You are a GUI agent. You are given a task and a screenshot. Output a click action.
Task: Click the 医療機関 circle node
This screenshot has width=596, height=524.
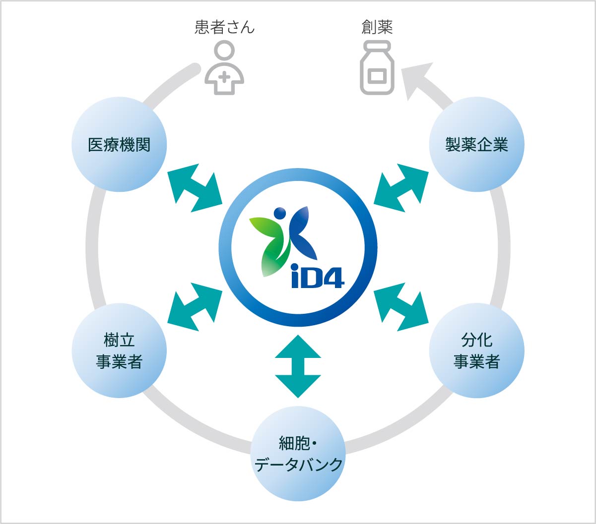(x=119, y=145)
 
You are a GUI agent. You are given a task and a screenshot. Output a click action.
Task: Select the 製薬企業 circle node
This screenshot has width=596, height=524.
(x=476, y=145)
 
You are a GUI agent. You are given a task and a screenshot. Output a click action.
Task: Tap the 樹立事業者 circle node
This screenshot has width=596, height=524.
(x=119, y=351)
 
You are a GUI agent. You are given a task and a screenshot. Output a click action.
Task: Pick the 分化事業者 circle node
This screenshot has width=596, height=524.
(x=476, y=351)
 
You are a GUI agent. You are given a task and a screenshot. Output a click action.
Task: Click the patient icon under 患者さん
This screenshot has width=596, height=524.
(x=224, y=67)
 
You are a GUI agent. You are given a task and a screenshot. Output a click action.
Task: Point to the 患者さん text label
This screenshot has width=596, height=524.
(x=224, y=27)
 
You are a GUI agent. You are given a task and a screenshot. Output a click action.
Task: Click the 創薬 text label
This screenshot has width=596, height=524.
(x=377, y=27)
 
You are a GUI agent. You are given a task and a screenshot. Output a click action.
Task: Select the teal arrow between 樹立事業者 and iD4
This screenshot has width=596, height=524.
(x=195, y=306)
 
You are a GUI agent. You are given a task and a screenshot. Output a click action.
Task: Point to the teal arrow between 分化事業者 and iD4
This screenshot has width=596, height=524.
(x=401, y=306)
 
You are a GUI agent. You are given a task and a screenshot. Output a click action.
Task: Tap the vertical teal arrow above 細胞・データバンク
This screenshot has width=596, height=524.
(x=298, y=366)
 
